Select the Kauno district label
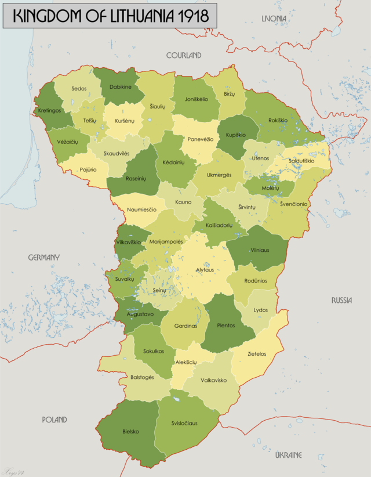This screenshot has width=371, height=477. click(181, 203)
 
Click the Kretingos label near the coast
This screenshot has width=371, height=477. click(50, 110)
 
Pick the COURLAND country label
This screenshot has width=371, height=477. click(184, 55)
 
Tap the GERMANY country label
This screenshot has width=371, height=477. click(43, 257)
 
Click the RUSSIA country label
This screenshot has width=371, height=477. click(341, 300)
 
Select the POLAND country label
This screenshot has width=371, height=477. click(54, 419)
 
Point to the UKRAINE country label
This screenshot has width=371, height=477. click(288, 455)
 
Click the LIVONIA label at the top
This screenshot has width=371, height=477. click(274, 19)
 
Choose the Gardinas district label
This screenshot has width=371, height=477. click(185, 326)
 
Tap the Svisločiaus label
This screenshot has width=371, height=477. click(184, 423)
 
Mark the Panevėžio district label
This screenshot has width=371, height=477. click(200, 139)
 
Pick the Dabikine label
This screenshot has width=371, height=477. click(120, 87)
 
